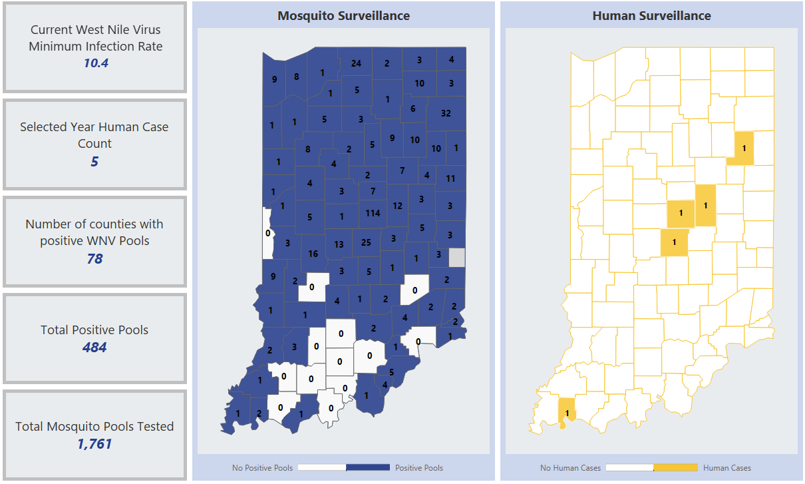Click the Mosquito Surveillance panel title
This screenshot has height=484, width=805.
pos(343,15)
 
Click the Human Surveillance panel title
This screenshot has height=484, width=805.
pos(651,15)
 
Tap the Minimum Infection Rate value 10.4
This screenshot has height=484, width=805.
pos(95,64)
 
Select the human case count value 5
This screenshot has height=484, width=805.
pos(94,162)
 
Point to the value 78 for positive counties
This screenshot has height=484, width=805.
pos(94,258)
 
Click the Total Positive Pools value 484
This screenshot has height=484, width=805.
pos(94,348)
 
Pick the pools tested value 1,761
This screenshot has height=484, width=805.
pos(94,444)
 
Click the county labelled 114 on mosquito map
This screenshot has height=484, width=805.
pos(373,213)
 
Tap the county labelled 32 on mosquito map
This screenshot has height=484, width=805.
pos(446,113)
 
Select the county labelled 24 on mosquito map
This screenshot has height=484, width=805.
pos(356,63)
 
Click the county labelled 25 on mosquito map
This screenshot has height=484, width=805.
pos(365,242)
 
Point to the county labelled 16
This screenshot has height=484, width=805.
pos(313,254)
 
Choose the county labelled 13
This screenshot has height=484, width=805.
pos(339,244)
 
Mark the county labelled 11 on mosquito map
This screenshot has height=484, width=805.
pos(450,178)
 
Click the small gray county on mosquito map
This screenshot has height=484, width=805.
pos(457,257)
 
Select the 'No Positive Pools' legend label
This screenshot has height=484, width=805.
pos(262,468)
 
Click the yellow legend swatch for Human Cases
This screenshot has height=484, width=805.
pos(676,468)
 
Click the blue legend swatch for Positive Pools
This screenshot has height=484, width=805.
pos(368,468)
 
